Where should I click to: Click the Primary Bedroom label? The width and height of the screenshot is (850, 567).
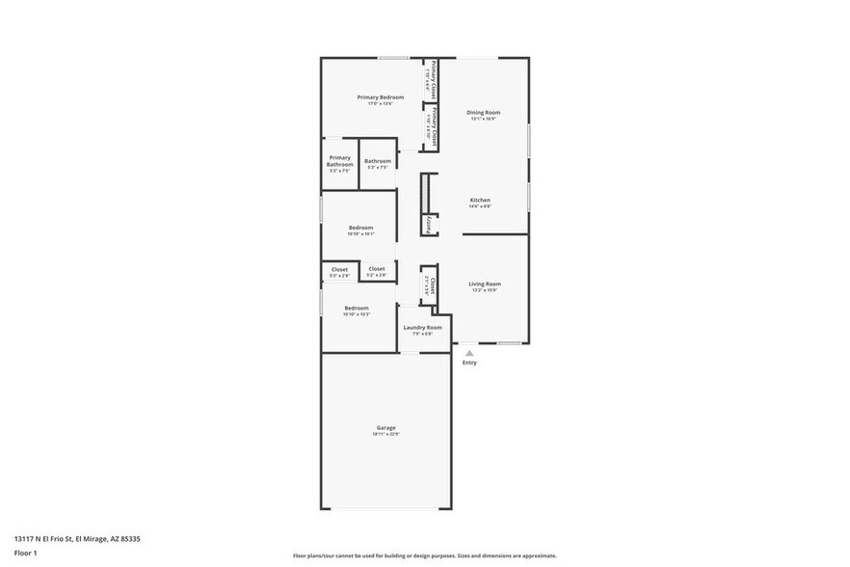(380, 97)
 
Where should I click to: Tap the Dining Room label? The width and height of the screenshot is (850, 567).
(482, 113)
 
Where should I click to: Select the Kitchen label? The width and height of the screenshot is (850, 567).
(480, 200)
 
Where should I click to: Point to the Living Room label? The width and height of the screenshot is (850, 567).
(485, 283)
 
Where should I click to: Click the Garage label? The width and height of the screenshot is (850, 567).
(385, 427)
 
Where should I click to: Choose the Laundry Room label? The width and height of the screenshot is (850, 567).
(422, 327)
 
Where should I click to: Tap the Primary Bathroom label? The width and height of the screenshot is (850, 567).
(339, 161)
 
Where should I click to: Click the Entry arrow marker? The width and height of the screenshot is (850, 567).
(469, 353)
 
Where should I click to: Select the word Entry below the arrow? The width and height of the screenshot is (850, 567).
(469, 363)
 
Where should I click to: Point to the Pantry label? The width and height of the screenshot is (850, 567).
(429, 224)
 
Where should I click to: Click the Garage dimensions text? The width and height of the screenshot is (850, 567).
(385, 434)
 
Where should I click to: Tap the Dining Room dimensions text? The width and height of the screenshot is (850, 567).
(482, 120)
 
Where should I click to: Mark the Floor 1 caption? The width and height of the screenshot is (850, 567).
(24, 553)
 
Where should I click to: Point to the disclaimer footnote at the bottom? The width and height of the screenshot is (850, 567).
(424, 555)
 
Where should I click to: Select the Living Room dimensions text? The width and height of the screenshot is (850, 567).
(485, 290)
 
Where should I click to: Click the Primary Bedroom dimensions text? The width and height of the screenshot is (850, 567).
(380, 104)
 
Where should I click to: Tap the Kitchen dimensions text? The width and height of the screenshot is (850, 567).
(480, 206)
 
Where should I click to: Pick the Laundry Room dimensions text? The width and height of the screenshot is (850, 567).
(422, 334)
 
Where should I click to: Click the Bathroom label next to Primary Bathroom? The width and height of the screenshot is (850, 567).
(378, 161)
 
